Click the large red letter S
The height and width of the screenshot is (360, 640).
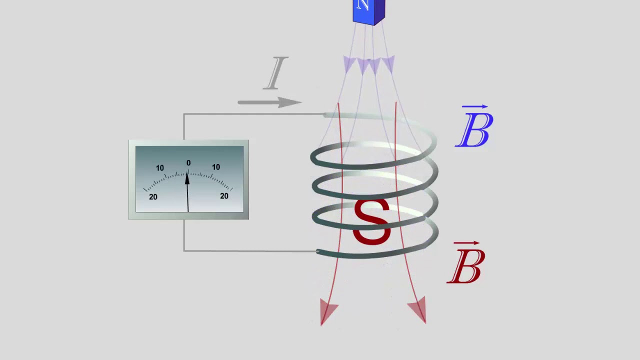(x=371, y=222)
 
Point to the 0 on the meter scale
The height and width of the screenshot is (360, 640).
(x=188, y=163)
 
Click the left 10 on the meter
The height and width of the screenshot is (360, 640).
(x=160, y=168)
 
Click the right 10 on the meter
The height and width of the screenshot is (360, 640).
(x=216, y=167)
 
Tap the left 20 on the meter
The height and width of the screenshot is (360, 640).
(x=153, y=197)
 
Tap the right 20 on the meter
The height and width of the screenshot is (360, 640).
(x=224, y=196)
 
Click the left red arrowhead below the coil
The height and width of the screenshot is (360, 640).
(x=328, y=313)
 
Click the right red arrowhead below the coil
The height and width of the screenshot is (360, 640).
(x=418, y=310)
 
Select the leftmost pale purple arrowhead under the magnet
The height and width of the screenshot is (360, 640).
(x=349, y=64)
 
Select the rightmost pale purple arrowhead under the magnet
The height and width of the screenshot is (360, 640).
(x=388, y=64)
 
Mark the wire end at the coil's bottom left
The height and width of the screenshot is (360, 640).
(x=318, y=251)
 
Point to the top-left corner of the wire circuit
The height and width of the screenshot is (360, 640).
(x=184, y=114)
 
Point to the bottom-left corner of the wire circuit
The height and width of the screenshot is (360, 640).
(x=184, y=250)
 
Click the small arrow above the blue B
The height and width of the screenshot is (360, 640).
(x=475, y=107)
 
